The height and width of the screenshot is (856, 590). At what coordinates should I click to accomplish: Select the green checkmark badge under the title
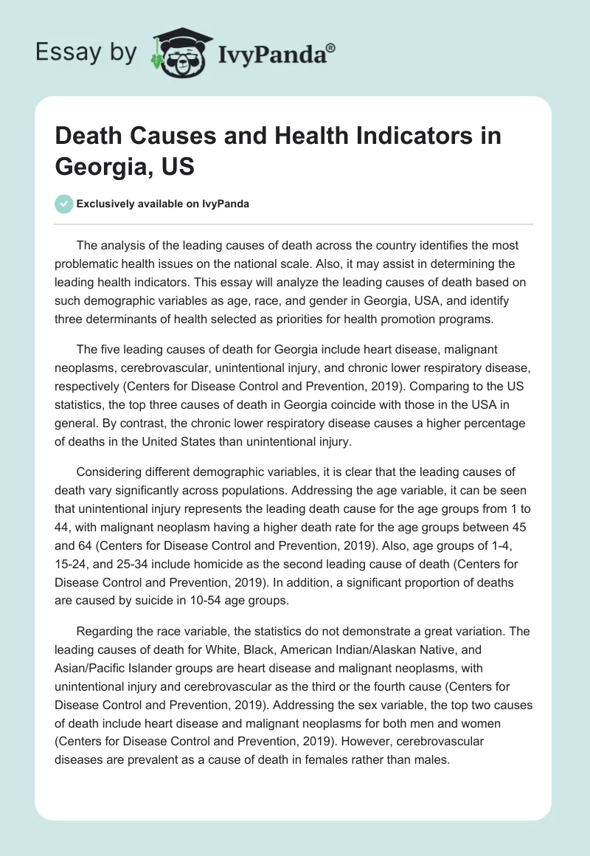[x=64, y=204]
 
